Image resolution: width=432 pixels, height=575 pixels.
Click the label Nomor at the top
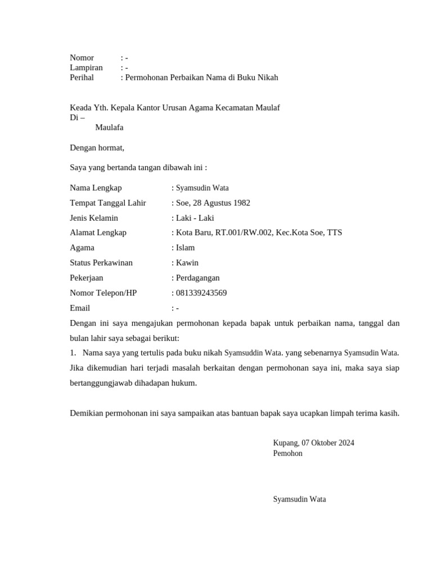click(x=82, y=58)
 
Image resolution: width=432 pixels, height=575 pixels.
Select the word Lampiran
click(x=86, y=68)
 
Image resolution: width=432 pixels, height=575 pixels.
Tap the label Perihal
click(x=82, y=78)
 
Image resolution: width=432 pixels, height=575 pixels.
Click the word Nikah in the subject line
click(x=267, y=78)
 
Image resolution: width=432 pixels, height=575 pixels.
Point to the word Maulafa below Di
click(x=109, y=127)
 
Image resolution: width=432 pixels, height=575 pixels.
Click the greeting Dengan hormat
click(x=97, y=148)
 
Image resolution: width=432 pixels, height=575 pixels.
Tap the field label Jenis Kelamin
click(x=94, y=218)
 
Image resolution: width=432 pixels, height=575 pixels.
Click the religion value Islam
click(x=186, y=248)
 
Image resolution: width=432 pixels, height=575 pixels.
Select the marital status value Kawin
click(x=187, y=263)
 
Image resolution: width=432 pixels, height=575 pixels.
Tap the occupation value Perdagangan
click(x=198, y=278)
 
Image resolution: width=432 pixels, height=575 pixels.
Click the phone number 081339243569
click(x=201, y=293)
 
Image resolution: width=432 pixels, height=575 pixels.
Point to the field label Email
click(x=80, y=308)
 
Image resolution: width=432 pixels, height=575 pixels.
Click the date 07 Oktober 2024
click(x=328, y=442)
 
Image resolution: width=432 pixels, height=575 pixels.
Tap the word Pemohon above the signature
click(x=287, y=453)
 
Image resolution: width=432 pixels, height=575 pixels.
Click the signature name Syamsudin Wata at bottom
click(x=299, y=499)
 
